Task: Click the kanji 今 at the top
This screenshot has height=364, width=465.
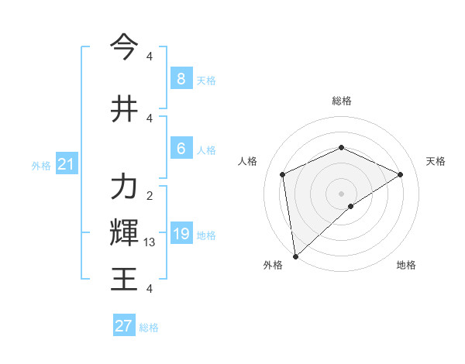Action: point(124,48)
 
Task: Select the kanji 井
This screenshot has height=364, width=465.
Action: point(124,109)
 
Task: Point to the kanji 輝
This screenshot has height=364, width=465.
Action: point(124,232)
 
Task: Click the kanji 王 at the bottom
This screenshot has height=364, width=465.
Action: point(124,278)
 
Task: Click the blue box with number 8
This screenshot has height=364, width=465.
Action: point(181,78)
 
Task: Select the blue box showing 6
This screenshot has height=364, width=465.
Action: point(181,149)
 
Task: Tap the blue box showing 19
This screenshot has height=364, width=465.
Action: point(181,234)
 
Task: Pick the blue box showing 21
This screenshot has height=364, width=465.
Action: point(66,164)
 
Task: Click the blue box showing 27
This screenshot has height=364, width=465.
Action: point(124,326)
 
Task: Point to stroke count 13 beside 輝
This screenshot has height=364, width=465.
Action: point(150,242)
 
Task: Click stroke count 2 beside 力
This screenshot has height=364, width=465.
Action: point(150,196)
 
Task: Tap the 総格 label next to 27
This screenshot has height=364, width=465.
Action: point(149,328)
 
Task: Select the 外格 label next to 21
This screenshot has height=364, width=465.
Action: point(41,165)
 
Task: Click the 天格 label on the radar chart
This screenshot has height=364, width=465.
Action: point(436,161)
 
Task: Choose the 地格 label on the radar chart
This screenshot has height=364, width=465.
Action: point(406,265)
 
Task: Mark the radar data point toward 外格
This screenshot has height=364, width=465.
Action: point(294,256)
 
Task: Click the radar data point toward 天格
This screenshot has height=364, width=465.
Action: point(401,174)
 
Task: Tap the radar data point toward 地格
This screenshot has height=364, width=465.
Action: point(351,206)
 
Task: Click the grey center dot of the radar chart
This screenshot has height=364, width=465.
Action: point(341,193)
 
